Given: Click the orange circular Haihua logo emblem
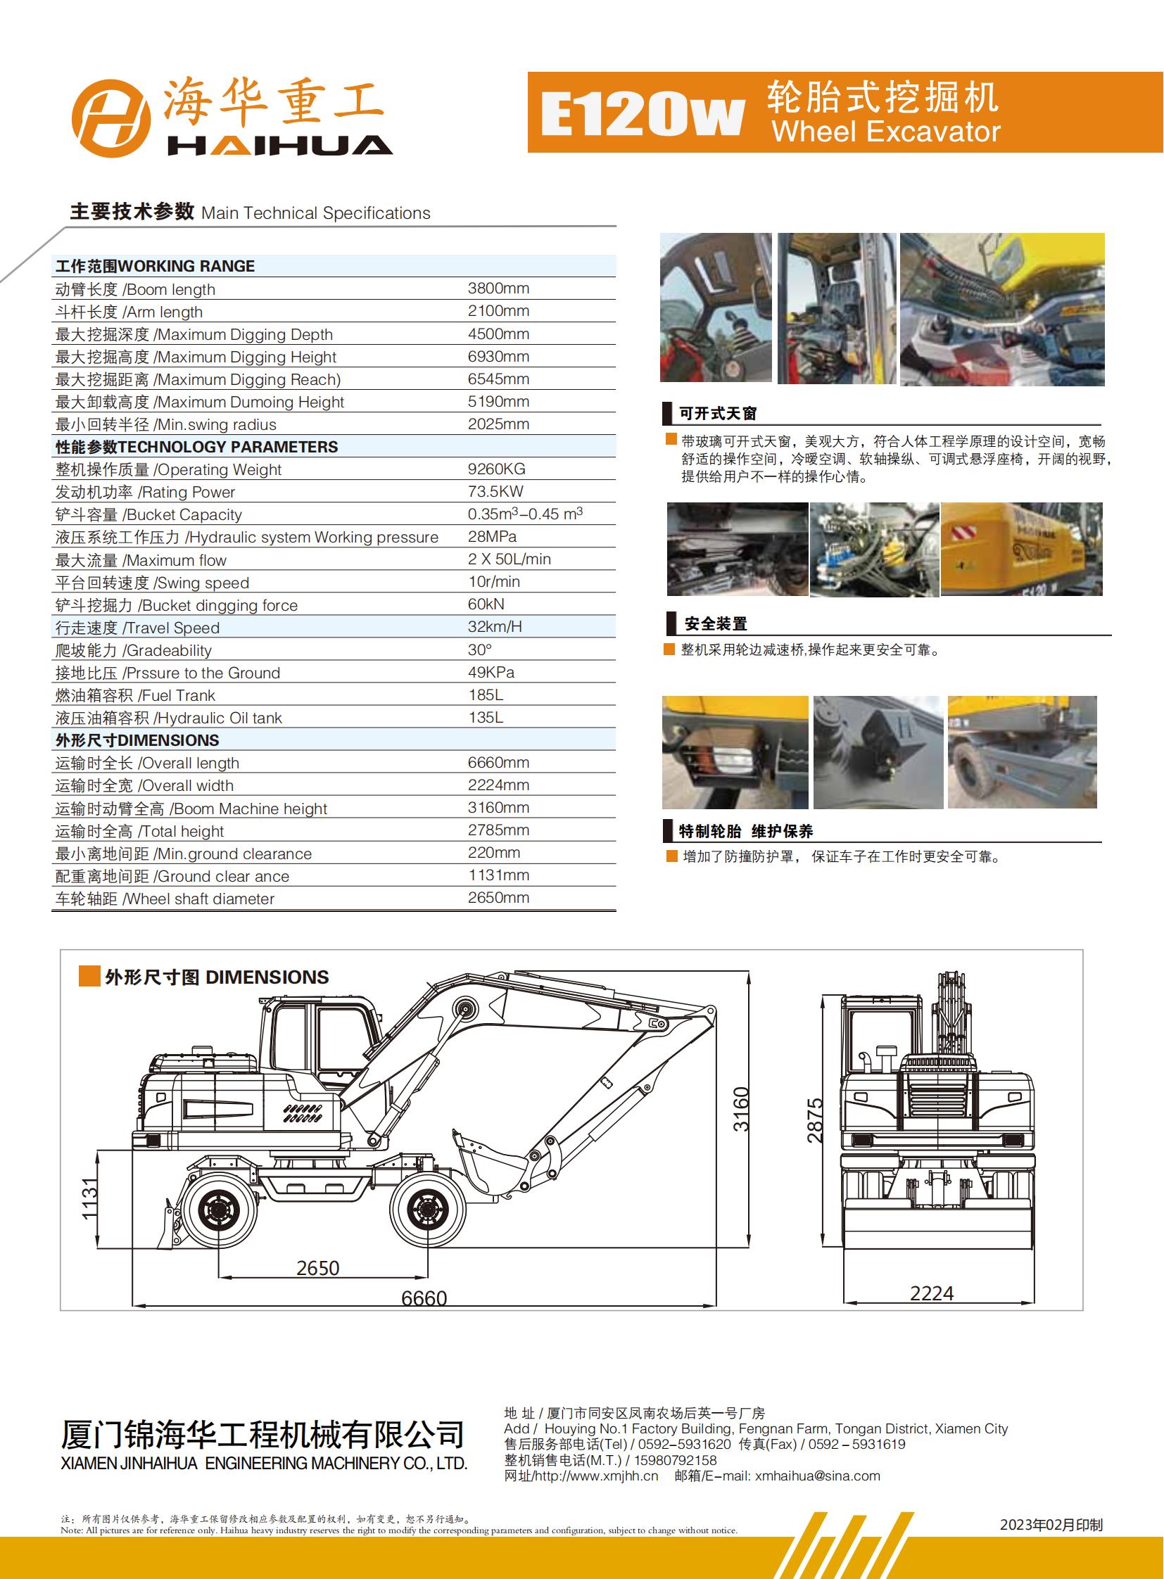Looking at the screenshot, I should point(110,118).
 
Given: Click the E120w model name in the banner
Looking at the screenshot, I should point(642,115).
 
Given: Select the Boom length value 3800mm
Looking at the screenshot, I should point(498,289).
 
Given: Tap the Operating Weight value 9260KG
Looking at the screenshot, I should point(496,469).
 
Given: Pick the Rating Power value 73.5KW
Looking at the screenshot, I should point(495,492).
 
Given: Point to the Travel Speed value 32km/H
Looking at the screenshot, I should point(495,627).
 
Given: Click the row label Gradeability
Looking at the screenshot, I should point(133,650).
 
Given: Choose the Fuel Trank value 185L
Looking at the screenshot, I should point(486,695).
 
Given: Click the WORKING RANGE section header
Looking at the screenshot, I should point(155,267).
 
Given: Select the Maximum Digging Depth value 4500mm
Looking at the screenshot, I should point(498,334).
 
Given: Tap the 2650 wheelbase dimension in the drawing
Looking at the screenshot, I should point(318,1268).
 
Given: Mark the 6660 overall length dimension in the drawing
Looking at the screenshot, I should point(424,1298).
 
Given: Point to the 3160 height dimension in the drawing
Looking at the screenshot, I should point(741,1110).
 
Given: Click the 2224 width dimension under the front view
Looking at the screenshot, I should point(931,1293).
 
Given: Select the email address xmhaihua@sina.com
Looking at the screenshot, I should point(817,1476).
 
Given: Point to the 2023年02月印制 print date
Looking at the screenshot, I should point(1051,1525).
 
